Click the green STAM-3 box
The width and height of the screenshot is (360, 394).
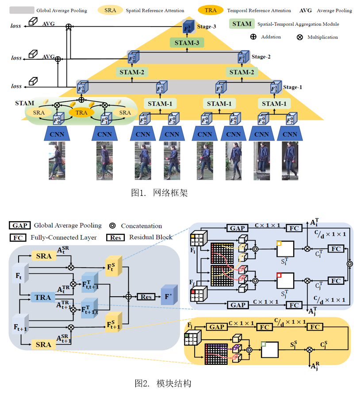pyautogui.click(x=187, y=43)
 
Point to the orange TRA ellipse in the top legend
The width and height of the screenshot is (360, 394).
pyautogui.click(x=214, y=10)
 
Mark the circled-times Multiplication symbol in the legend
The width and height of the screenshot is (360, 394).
pyautogui.click(x=299, y=37)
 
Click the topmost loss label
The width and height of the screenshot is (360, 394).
pyautogui.click(x=16, y=26)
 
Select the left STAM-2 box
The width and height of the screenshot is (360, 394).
pyautogui.click(x=130, y=72)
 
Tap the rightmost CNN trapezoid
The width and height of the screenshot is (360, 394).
pyautogui.click(x=290, y=134)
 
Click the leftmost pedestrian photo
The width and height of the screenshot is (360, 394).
pyautogui.click(x=57, y=161)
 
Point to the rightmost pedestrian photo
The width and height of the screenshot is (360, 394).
pyautogui.click(x=290, y=161)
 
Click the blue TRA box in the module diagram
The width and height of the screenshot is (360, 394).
pyautogui.click(x=42, y=297)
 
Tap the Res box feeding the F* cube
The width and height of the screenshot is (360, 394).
pyautogui.click(x=146, y=297)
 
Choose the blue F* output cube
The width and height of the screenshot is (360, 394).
pyautogui.click(x=169, y=296)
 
